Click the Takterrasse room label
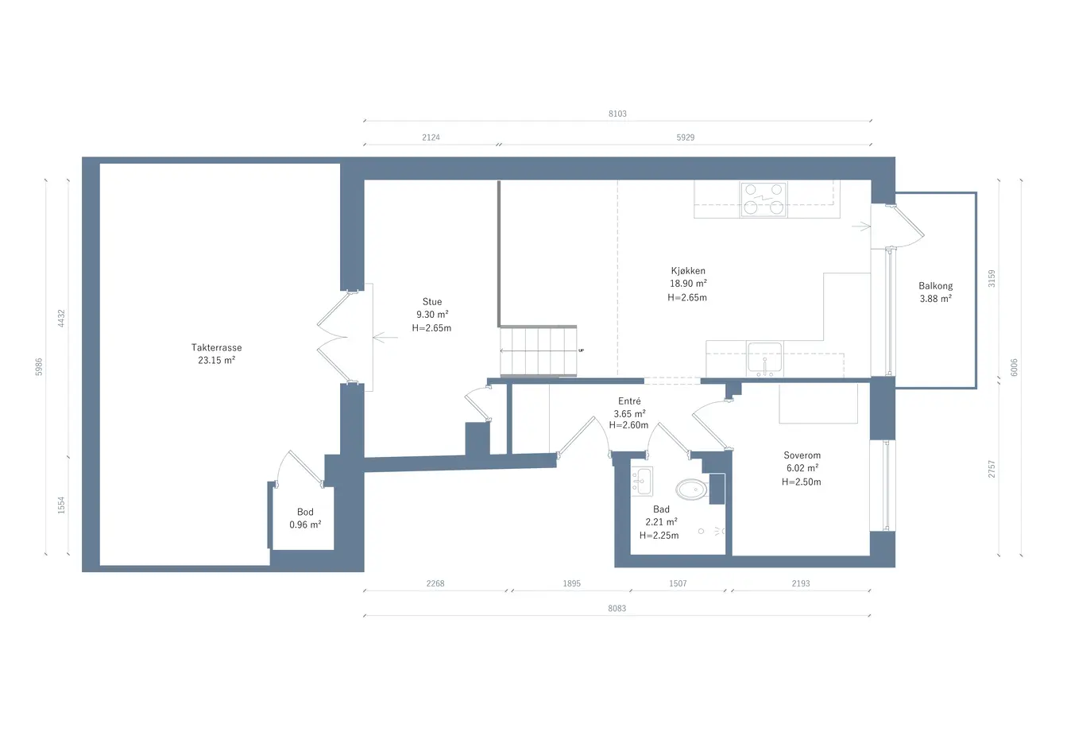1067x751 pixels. point(217,347)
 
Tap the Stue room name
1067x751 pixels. point(432,302)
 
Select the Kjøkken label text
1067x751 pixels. point(688,271)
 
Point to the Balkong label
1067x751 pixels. point(936,286)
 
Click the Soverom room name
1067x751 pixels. point(802,455)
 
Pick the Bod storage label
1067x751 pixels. point(305,512)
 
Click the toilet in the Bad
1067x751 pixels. point(691,490)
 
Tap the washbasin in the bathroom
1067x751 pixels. point(642,482)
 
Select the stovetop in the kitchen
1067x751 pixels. point(763,199)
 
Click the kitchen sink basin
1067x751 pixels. point(764,358)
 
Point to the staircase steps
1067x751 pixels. point(538,351)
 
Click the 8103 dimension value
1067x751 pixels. point(617,114)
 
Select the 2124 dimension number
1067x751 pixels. point(431,137)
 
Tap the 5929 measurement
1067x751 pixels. point(686,137)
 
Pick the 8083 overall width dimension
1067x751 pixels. point(617,609)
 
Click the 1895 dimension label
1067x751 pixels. point(571,584)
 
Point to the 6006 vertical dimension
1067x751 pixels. point(1014,367)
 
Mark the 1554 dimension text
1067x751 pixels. point(61,505)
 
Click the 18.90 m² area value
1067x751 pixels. point(688,284)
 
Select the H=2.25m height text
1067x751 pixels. point(659,536)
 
